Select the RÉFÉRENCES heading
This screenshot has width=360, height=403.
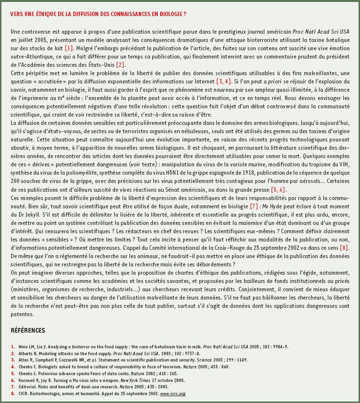tap(28, 330)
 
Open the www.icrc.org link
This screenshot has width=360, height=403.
tap(173, 393)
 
